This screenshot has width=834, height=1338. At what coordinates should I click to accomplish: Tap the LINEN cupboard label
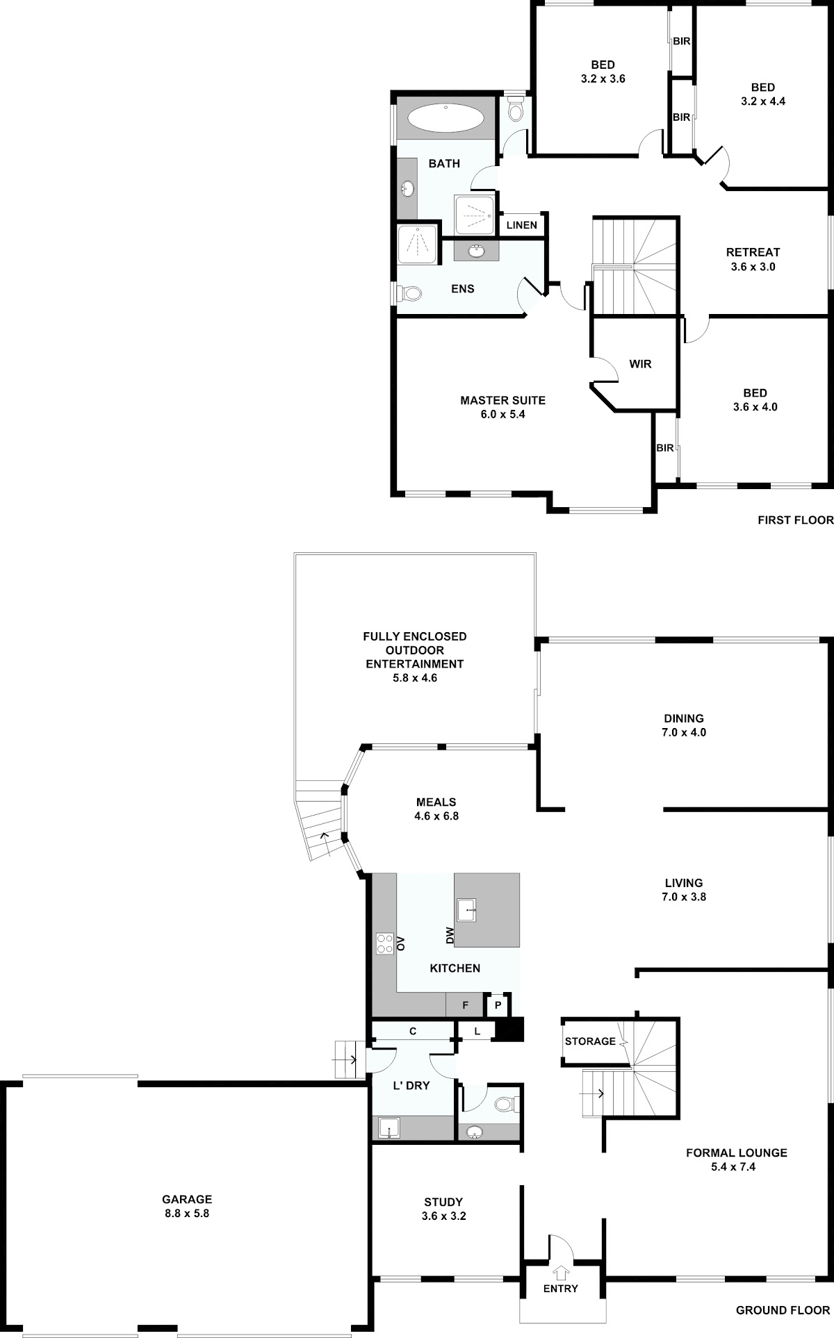(x=521, y=225)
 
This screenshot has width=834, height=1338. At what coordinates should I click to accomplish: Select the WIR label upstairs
(x=640, y=363)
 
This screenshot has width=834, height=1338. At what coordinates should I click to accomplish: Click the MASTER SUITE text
(x=502, y=400)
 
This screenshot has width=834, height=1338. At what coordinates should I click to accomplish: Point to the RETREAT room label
(x=753, y=252)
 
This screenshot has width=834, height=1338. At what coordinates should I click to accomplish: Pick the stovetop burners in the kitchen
(x=385, y=943)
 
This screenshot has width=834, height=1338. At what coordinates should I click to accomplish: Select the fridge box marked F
(x=466, y=1005)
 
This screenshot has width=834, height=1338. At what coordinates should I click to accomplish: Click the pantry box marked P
(x=498, y=1005)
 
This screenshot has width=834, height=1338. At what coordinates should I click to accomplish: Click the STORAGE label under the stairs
(x=590, y=1041)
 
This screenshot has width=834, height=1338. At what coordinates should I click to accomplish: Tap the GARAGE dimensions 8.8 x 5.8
(x=186, y=1213)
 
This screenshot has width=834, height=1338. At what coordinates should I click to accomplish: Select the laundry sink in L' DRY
(x=389, y=1128)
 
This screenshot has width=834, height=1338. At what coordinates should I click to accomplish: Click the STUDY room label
(x=443, y=1202)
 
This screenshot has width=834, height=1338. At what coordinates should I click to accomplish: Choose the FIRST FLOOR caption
(x=795, y=520)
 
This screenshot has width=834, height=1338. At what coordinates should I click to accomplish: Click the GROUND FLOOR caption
(x=783, y=1310)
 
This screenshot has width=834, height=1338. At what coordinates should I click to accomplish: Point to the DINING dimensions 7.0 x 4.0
(x=684, y=732)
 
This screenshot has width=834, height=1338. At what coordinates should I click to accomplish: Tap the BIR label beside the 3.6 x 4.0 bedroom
(x=665, y=448)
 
